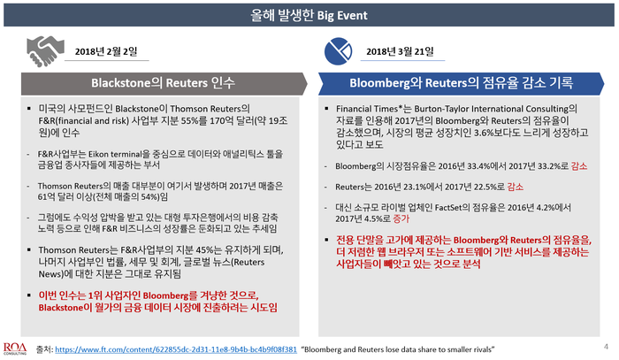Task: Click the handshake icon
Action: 45,51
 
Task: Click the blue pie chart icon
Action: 338,51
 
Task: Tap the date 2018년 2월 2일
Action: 106,51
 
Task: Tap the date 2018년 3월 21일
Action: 400,51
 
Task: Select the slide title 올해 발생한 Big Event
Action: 309,15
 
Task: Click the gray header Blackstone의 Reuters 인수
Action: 163,83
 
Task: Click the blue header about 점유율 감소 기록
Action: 461,83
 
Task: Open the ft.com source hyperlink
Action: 176,349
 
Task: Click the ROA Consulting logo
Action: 15,349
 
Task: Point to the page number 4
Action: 606,347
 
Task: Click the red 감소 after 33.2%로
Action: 579,166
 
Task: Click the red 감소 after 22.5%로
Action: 516,187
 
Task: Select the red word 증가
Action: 401,218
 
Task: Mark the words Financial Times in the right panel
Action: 367,109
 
